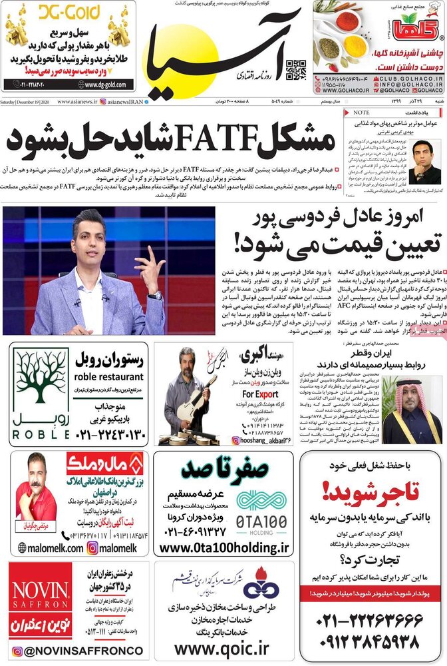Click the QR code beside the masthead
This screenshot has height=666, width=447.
click(x=295, y=70)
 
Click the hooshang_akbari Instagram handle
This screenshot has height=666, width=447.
click(x=268, y=440)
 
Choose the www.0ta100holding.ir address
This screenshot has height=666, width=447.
click(x=225, y=547)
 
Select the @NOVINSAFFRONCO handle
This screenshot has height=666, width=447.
click(x=77, y=651)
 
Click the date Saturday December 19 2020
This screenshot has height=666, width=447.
click(x=27, y=102)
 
